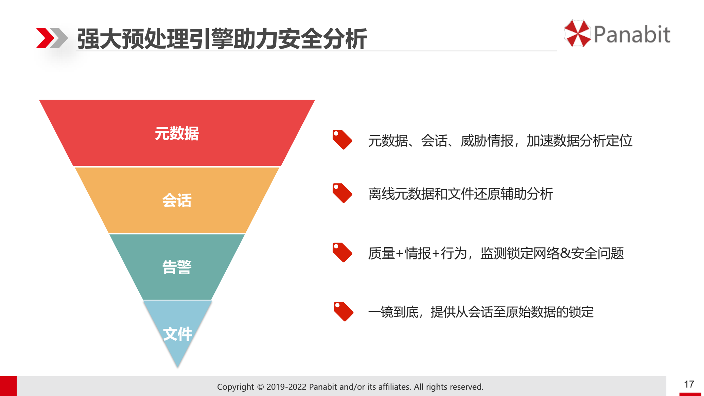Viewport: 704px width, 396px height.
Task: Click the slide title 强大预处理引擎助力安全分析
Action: click(222, 38)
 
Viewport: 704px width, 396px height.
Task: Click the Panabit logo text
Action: click(632, 34)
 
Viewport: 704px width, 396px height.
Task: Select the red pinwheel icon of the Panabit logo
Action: click(577, 33)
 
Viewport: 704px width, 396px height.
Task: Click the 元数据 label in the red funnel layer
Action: click(177, 133)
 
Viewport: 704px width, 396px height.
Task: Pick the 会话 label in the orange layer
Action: click(177, 200)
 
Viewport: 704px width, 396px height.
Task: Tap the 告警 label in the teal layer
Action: click(177, 267)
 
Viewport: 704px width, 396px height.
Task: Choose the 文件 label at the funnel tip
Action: click(178, 334)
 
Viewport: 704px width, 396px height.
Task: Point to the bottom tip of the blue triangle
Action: click(178, 367)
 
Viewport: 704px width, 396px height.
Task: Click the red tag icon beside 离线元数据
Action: click(342, 193)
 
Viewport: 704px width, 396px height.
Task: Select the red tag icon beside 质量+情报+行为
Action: click(342, 252)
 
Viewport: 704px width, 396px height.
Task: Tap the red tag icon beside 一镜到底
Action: click(343, 312)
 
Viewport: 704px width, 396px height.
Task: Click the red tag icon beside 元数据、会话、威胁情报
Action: click(342, 140)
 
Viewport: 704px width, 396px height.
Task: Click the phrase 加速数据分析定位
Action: click(579, 141)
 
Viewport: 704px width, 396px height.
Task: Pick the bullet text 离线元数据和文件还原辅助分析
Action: click(461, 194)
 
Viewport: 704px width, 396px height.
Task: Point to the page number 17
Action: click(689, 384)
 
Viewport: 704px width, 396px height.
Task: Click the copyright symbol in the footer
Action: click(260, 387)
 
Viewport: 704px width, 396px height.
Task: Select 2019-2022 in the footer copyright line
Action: click(286, 387)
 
